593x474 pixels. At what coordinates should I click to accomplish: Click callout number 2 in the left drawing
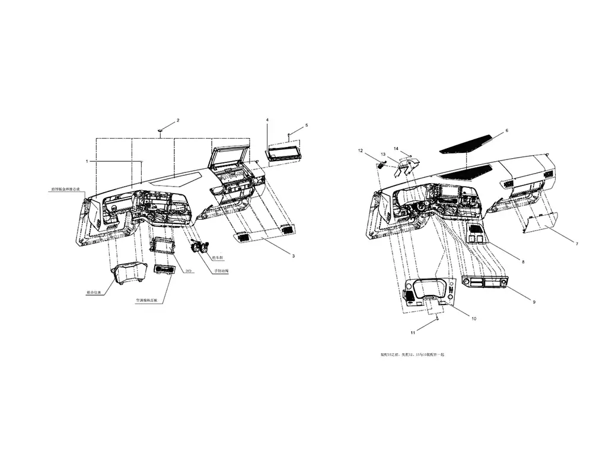[178, 120]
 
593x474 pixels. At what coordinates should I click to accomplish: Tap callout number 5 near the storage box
[307, 126]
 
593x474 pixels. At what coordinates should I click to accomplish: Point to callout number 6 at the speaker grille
[507, 130]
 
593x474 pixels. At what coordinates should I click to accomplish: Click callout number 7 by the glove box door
[576, 244]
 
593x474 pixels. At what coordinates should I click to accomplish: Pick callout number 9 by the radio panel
[534, 302]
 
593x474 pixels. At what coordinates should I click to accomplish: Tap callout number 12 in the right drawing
[360, 150]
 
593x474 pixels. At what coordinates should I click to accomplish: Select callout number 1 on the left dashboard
[87, 161]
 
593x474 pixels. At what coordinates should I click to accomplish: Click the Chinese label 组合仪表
[94, 293]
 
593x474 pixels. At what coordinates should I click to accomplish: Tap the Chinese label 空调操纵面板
[149, 300]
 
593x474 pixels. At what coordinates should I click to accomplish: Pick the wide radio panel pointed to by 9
[485, 283]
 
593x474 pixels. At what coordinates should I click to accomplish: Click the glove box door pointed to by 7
[540, 222]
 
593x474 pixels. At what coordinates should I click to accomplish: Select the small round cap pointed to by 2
[161, 130]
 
